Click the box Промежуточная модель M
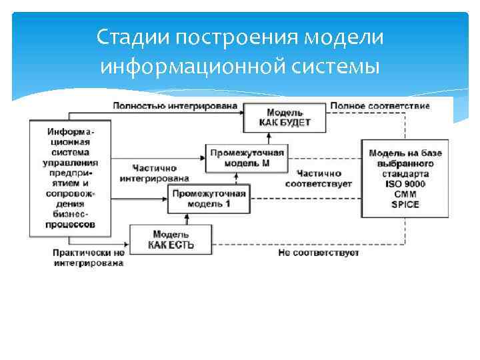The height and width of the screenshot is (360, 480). (247, 158)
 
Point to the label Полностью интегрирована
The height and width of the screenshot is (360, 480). (175, 106)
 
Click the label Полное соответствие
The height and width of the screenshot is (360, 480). (380, 106)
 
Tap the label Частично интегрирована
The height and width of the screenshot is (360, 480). (155, 173)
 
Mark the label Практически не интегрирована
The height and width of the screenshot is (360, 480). (89, 258)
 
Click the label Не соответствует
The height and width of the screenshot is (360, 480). (319, 253)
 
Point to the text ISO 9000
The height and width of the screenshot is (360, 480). (405, 184)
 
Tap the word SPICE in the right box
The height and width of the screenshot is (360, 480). (405, 204)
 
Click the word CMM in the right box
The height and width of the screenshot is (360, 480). (405, 194)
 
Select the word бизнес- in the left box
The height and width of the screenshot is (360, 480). (70, 215)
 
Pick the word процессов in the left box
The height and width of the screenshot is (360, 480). (70, 225)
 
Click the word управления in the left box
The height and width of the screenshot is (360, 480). (70, 162)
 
